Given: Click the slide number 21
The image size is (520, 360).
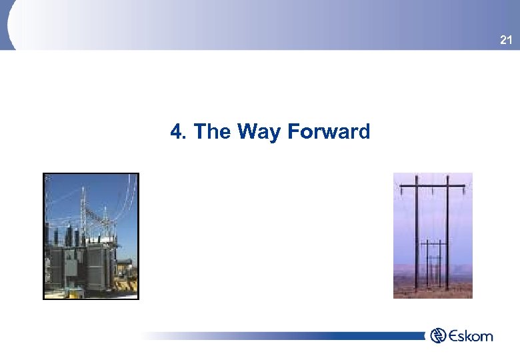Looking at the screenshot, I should click(506, 41).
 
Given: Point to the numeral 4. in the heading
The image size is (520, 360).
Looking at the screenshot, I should click(178, 132).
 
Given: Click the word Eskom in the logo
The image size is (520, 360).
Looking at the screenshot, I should click(471, 336).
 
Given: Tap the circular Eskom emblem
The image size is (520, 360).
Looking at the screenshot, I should click(439, 335).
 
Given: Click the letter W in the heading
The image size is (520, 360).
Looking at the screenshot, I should click(245, 132).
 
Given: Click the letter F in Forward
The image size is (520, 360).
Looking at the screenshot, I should click(293, 132).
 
